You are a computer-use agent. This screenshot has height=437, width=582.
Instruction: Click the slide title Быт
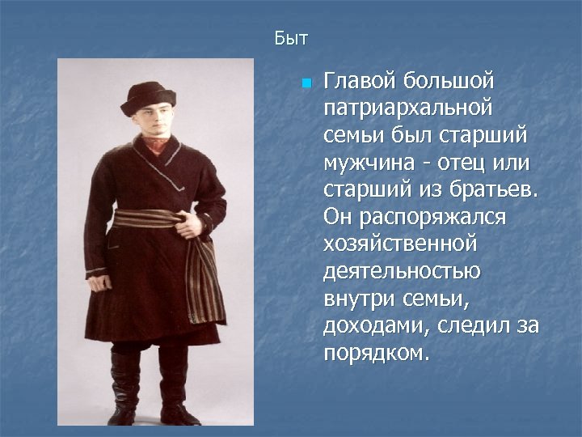[291, 38]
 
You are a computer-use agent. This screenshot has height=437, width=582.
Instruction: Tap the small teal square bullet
[306, 83]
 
